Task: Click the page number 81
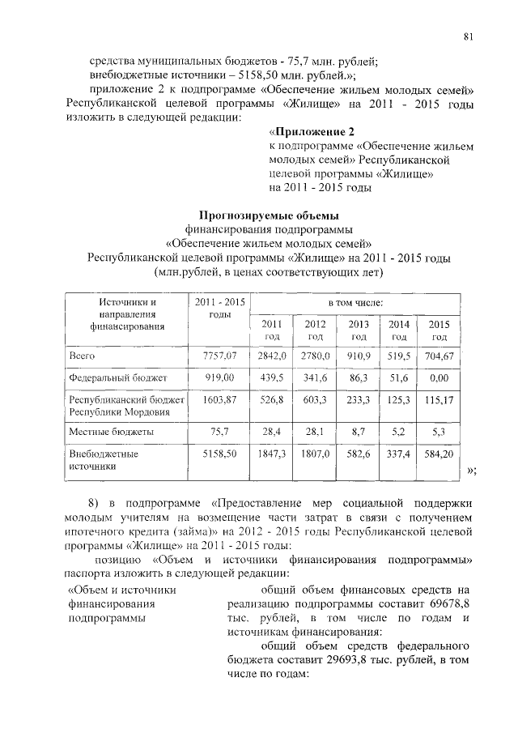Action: (x=468, y=35)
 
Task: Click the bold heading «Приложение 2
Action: (x=312, y=130)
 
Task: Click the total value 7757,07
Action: (x=219, y=355)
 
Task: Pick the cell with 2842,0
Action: (x=271, y=355)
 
